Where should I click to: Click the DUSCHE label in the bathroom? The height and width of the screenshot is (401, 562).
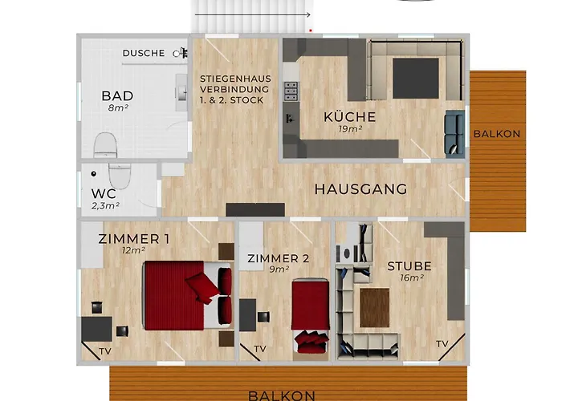pos(144,53)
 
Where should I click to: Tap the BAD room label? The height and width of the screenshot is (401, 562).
pos(117,96)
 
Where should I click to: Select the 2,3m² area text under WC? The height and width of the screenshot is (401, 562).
pos(105,206)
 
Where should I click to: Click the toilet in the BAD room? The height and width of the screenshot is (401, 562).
pos(105,145)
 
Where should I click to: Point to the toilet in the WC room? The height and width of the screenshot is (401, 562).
pos(120,176)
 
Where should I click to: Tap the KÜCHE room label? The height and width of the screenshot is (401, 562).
pos(350,117)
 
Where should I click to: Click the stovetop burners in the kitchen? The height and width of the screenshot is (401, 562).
pos(291,91)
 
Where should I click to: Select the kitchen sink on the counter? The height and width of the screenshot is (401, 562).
pos(290,119)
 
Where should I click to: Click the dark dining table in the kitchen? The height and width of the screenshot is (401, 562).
pos(415,79)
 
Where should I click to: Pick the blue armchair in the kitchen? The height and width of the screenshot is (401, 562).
pos(454,132)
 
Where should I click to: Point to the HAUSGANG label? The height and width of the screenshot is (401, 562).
pos(360,189)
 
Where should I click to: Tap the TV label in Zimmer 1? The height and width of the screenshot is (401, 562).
pos(105,351)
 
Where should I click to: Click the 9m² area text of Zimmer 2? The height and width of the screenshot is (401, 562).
pos(279,269)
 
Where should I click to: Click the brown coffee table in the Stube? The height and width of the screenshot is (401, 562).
pos(375,308)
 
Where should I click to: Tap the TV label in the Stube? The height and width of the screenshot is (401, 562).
pos(442,344)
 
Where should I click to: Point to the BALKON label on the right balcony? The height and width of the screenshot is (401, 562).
pos(497,134)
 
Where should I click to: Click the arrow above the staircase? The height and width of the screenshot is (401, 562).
pos(253,14)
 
